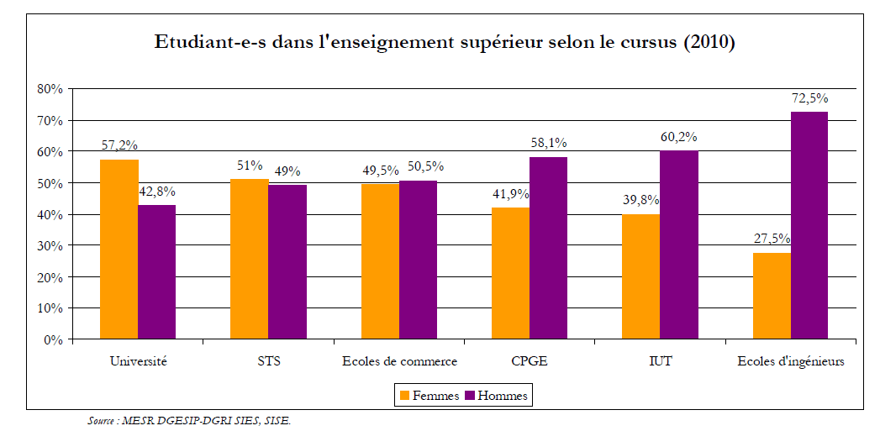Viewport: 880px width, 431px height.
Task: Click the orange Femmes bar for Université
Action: point(119,250)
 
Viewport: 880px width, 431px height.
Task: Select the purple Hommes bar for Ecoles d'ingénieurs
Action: point(809,226)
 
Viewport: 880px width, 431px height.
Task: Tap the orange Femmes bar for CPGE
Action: point(510,273)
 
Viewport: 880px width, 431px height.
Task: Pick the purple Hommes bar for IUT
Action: point(679,245)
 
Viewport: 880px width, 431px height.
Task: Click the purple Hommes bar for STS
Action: point(287,262)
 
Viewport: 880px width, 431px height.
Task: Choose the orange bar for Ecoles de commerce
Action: point(380,261)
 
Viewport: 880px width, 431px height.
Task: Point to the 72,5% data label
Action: point(809,98)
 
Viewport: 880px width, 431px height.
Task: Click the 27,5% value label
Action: point(772,239)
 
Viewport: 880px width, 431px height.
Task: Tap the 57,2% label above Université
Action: point(119,145)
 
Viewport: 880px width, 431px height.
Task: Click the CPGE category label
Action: point(530,362)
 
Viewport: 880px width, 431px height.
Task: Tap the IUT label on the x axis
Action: point(660,362)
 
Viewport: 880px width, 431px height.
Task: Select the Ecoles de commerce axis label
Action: point(399,362)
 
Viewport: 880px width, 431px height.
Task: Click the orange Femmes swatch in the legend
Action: point(404,396)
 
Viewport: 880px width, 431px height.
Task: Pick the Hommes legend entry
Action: point(498,396)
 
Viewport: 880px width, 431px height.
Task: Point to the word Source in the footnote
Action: point(102,420)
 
